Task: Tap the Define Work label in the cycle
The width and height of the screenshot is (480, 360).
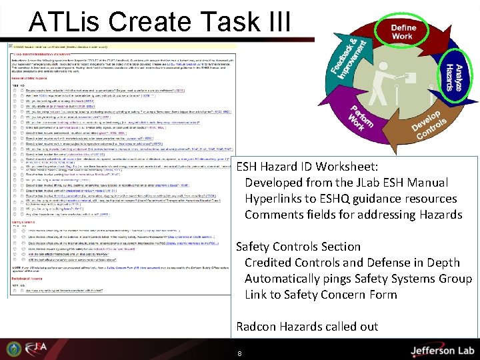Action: (403, 32)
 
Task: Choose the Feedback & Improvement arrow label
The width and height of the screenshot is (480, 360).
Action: (348, 57)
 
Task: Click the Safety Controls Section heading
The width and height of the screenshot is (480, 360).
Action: (298, 246)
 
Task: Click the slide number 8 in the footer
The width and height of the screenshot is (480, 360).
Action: (239, 353)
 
